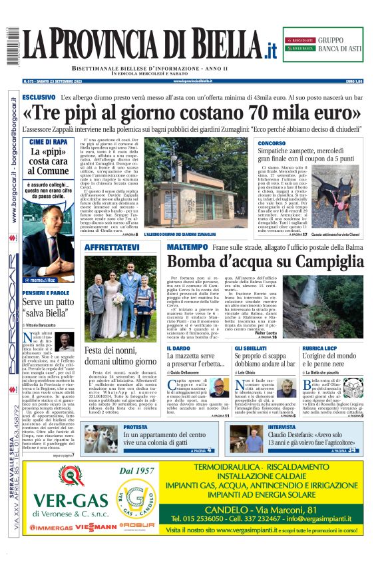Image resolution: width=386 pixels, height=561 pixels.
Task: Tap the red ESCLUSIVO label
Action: pos(39,97)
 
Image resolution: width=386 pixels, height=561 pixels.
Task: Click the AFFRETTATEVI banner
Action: pos(112,247)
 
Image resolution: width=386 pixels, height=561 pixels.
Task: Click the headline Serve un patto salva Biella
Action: pos(47,306)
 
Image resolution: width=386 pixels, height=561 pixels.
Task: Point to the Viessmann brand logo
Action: pos(98,545)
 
